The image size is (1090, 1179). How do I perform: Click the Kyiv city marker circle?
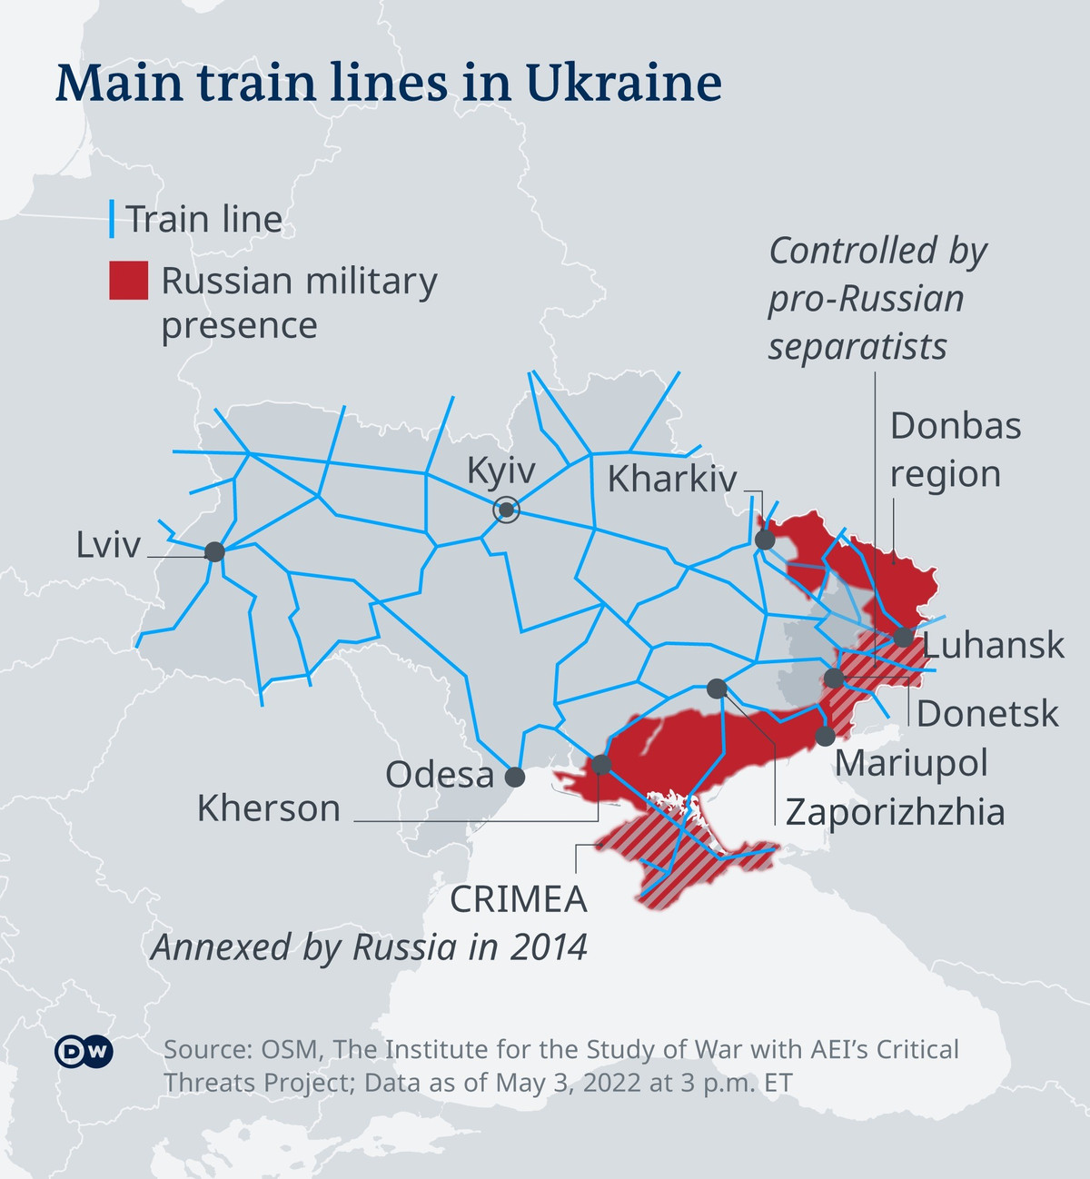(506, 510)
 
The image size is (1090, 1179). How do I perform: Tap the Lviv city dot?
(214, 551)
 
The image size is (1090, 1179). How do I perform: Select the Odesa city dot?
(515, 777)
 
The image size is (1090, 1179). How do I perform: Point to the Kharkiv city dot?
(765, 540)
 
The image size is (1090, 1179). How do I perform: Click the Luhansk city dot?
(903, 637)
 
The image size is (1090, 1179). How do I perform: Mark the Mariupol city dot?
(825, 736)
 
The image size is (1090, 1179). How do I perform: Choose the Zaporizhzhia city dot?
(717, 689)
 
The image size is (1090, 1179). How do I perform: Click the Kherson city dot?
(601, 765)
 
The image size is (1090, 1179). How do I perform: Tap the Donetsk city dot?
(834, 678)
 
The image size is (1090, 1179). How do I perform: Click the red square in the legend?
(128, 281)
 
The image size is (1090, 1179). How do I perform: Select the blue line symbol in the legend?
(112, 219)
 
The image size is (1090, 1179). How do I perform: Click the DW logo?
(84, 1052)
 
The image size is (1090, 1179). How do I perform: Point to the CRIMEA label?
(519, 898)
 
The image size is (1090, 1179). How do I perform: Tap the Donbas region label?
(955, 450)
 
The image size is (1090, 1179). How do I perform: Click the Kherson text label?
(269, 807)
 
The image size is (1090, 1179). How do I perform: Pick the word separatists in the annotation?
(857, 346)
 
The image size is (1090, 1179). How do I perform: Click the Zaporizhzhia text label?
(895, 811)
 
